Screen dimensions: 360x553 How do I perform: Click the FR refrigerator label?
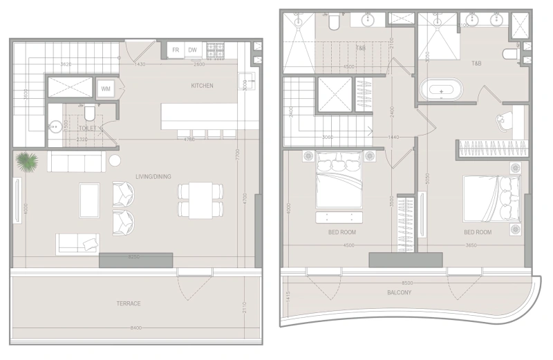tap(176, 50)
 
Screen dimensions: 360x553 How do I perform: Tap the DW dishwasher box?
tap(194, 50)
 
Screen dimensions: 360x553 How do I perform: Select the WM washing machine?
tap(106, 89)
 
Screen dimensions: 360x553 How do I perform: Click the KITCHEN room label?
tap(203, 86)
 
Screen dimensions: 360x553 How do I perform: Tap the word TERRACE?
tap(129, 303)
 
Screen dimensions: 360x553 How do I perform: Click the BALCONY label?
tap(399, 292)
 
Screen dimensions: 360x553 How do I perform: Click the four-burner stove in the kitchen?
tap(221, 50)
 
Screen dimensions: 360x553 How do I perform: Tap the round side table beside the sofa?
tap(115, 162)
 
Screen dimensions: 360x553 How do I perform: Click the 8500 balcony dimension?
tap(408, 283)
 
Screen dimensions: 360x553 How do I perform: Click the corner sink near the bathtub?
tap(501, 122)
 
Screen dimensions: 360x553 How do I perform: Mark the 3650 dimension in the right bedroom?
tap(471, 245)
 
